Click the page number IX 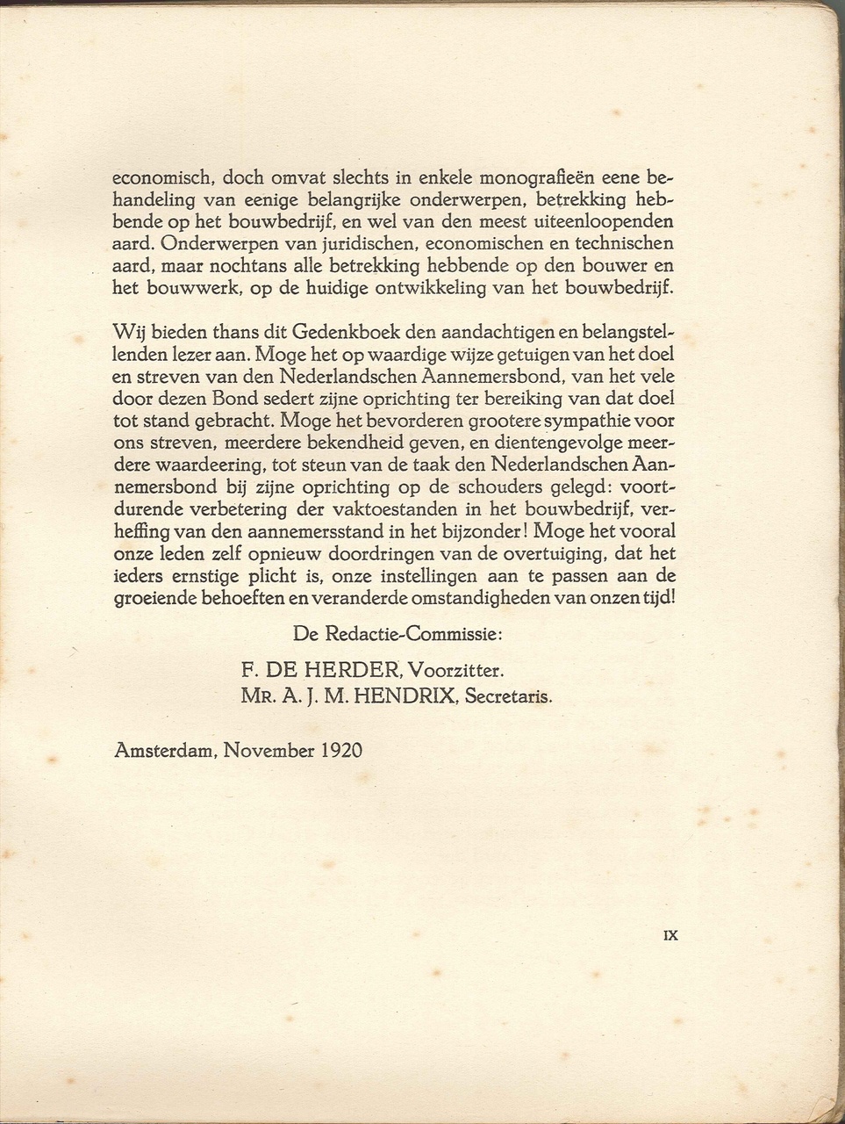670,935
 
